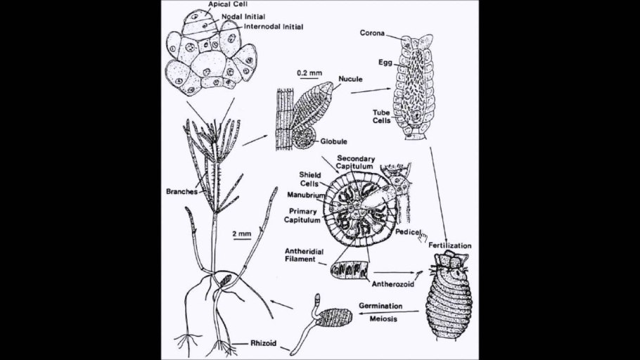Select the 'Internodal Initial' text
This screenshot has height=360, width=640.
(x=274, y=27)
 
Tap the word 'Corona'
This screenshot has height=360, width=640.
(x=372, y=33)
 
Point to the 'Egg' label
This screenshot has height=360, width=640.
(x=385, y=63)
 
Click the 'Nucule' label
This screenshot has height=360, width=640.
(x=350, y=79)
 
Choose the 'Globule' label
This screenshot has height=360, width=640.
(x=333, y=141)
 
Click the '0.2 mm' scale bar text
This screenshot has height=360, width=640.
(x=309, y=73)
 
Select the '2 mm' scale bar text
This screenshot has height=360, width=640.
(x=242, y=234)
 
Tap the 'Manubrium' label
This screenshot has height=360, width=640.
(x=306, y=195)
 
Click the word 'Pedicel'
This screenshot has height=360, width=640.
(x=408, y=232)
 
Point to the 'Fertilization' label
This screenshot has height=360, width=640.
(x=450, y=245)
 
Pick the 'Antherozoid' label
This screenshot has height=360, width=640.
(x=392, y=284)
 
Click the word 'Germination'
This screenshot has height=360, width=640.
(x=380, y=306)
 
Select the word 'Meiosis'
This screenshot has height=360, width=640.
(x=383, y=319)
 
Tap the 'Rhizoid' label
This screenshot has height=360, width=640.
(x=263, y=343)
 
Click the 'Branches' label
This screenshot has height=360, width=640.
(x=181, y=191)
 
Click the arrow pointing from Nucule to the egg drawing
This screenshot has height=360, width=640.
(x=371, y=91)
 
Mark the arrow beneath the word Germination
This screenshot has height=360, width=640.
(x=388, y=313)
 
